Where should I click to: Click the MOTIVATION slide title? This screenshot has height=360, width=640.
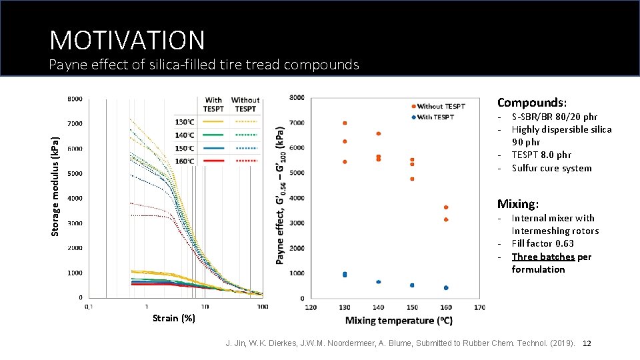tap(127, 40)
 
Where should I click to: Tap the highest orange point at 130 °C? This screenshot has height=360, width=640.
tap(345, 123)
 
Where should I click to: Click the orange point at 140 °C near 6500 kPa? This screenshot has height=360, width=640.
tap(379, 133)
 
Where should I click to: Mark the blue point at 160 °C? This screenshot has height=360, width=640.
tap(446, 288)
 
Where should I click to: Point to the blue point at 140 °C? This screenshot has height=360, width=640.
tap(379, 282)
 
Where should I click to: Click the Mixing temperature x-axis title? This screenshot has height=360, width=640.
tap(399, 321)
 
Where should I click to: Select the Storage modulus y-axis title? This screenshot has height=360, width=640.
tap(56, 185)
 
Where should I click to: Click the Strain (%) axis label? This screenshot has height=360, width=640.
tap(173, 318)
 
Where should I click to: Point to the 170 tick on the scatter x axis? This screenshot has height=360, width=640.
tap(479, 307)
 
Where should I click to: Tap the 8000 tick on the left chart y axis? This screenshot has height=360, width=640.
tap(75, 99)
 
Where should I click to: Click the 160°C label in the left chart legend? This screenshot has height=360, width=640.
tap(184, 161)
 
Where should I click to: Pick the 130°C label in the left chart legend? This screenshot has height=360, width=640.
tap(184, 122)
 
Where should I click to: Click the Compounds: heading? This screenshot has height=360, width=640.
tap(532, 103)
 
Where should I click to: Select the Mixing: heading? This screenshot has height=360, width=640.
tap(517, 204)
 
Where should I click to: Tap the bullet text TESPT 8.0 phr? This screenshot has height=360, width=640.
tap(541, 155)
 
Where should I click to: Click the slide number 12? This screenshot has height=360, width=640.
tap(587, 343)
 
